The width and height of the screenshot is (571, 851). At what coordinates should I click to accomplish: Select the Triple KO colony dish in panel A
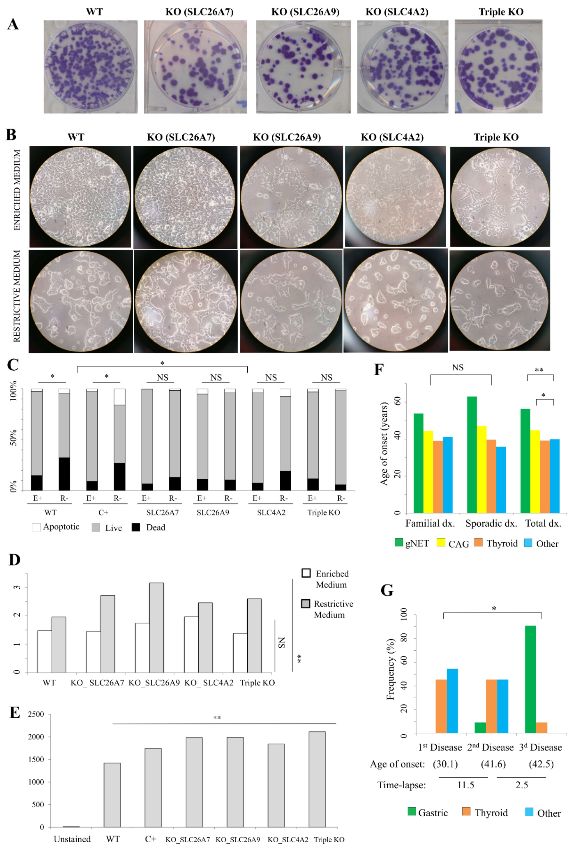click(498, 66)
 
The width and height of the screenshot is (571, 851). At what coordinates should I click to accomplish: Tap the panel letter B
click(11, 135)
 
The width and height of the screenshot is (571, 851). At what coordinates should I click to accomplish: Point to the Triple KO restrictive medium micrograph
click(499, 300)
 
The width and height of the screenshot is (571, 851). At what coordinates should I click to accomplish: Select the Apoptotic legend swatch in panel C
click(36, 527)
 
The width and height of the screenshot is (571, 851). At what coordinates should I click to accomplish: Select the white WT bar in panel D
click(44, 651)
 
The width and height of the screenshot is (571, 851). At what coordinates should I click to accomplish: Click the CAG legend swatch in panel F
click(441, 543)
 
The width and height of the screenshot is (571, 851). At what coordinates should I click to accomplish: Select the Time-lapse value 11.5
click(465, 785)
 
